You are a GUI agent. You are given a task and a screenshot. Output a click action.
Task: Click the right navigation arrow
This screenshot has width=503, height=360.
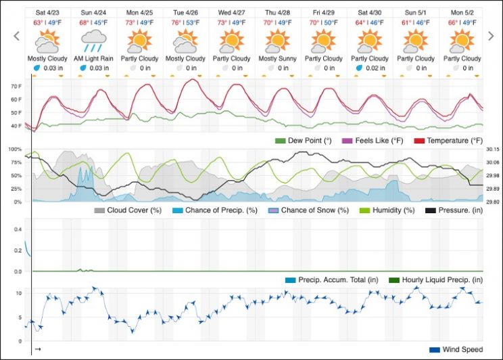coord(492,36)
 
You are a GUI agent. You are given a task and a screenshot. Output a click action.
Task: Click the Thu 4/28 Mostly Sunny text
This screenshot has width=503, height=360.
coord(277,59)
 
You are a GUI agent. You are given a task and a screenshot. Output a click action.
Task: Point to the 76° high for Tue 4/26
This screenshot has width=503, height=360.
coord(177,22)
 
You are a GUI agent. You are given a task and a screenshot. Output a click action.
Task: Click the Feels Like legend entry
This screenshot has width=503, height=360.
coord(370,141)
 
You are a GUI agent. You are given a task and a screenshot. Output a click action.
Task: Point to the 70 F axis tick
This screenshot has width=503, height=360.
coord(15,87)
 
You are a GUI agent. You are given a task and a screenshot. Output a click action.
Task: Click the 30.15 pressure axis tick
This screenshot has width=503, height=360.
coord(492,149)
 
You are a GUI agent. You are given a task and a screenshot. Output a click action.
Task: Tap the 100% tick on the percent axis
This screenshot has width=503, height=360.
coord(14,149)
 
